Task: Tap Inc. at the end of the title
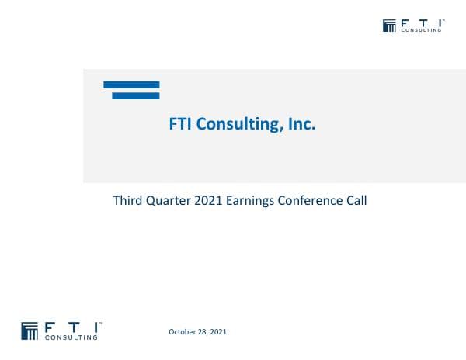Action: pyautogui.click(x=301, y=123)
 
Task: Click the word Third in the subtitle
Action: pyautogui.click(x=127, y=200)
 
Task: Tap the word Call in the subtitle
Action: pyautogui.click(x=355, y=200)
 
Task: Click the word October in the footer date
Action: pyautogui.click(x=183, y=332)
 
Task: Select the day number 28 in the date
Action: pyautogui.click(x=203, y=332)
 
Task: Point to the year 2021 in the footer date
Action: pyautogui.click(x=218, y=332)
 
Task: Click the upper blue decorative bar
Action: pyautogui.click(x=131, y=85)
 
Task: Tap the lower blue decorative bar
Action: pyautogui.click(x=136, y=95)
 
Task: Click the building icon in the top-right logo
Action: pyautogui.click(x=390, y=26)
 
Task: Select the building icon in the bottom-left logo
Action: pyautogui.click(x=30, y=330)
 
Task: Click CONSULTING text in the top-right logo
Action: pyautogui.click(x=422, y=31)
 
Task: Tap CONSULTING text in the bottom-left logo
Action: pyautogui.click(x=72, y=337)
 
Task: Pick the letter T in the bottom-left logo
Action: pyautogui.click(x=72, y=327)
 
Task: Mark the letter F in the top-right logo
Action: pyautogui.click(x=405, y=23)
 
